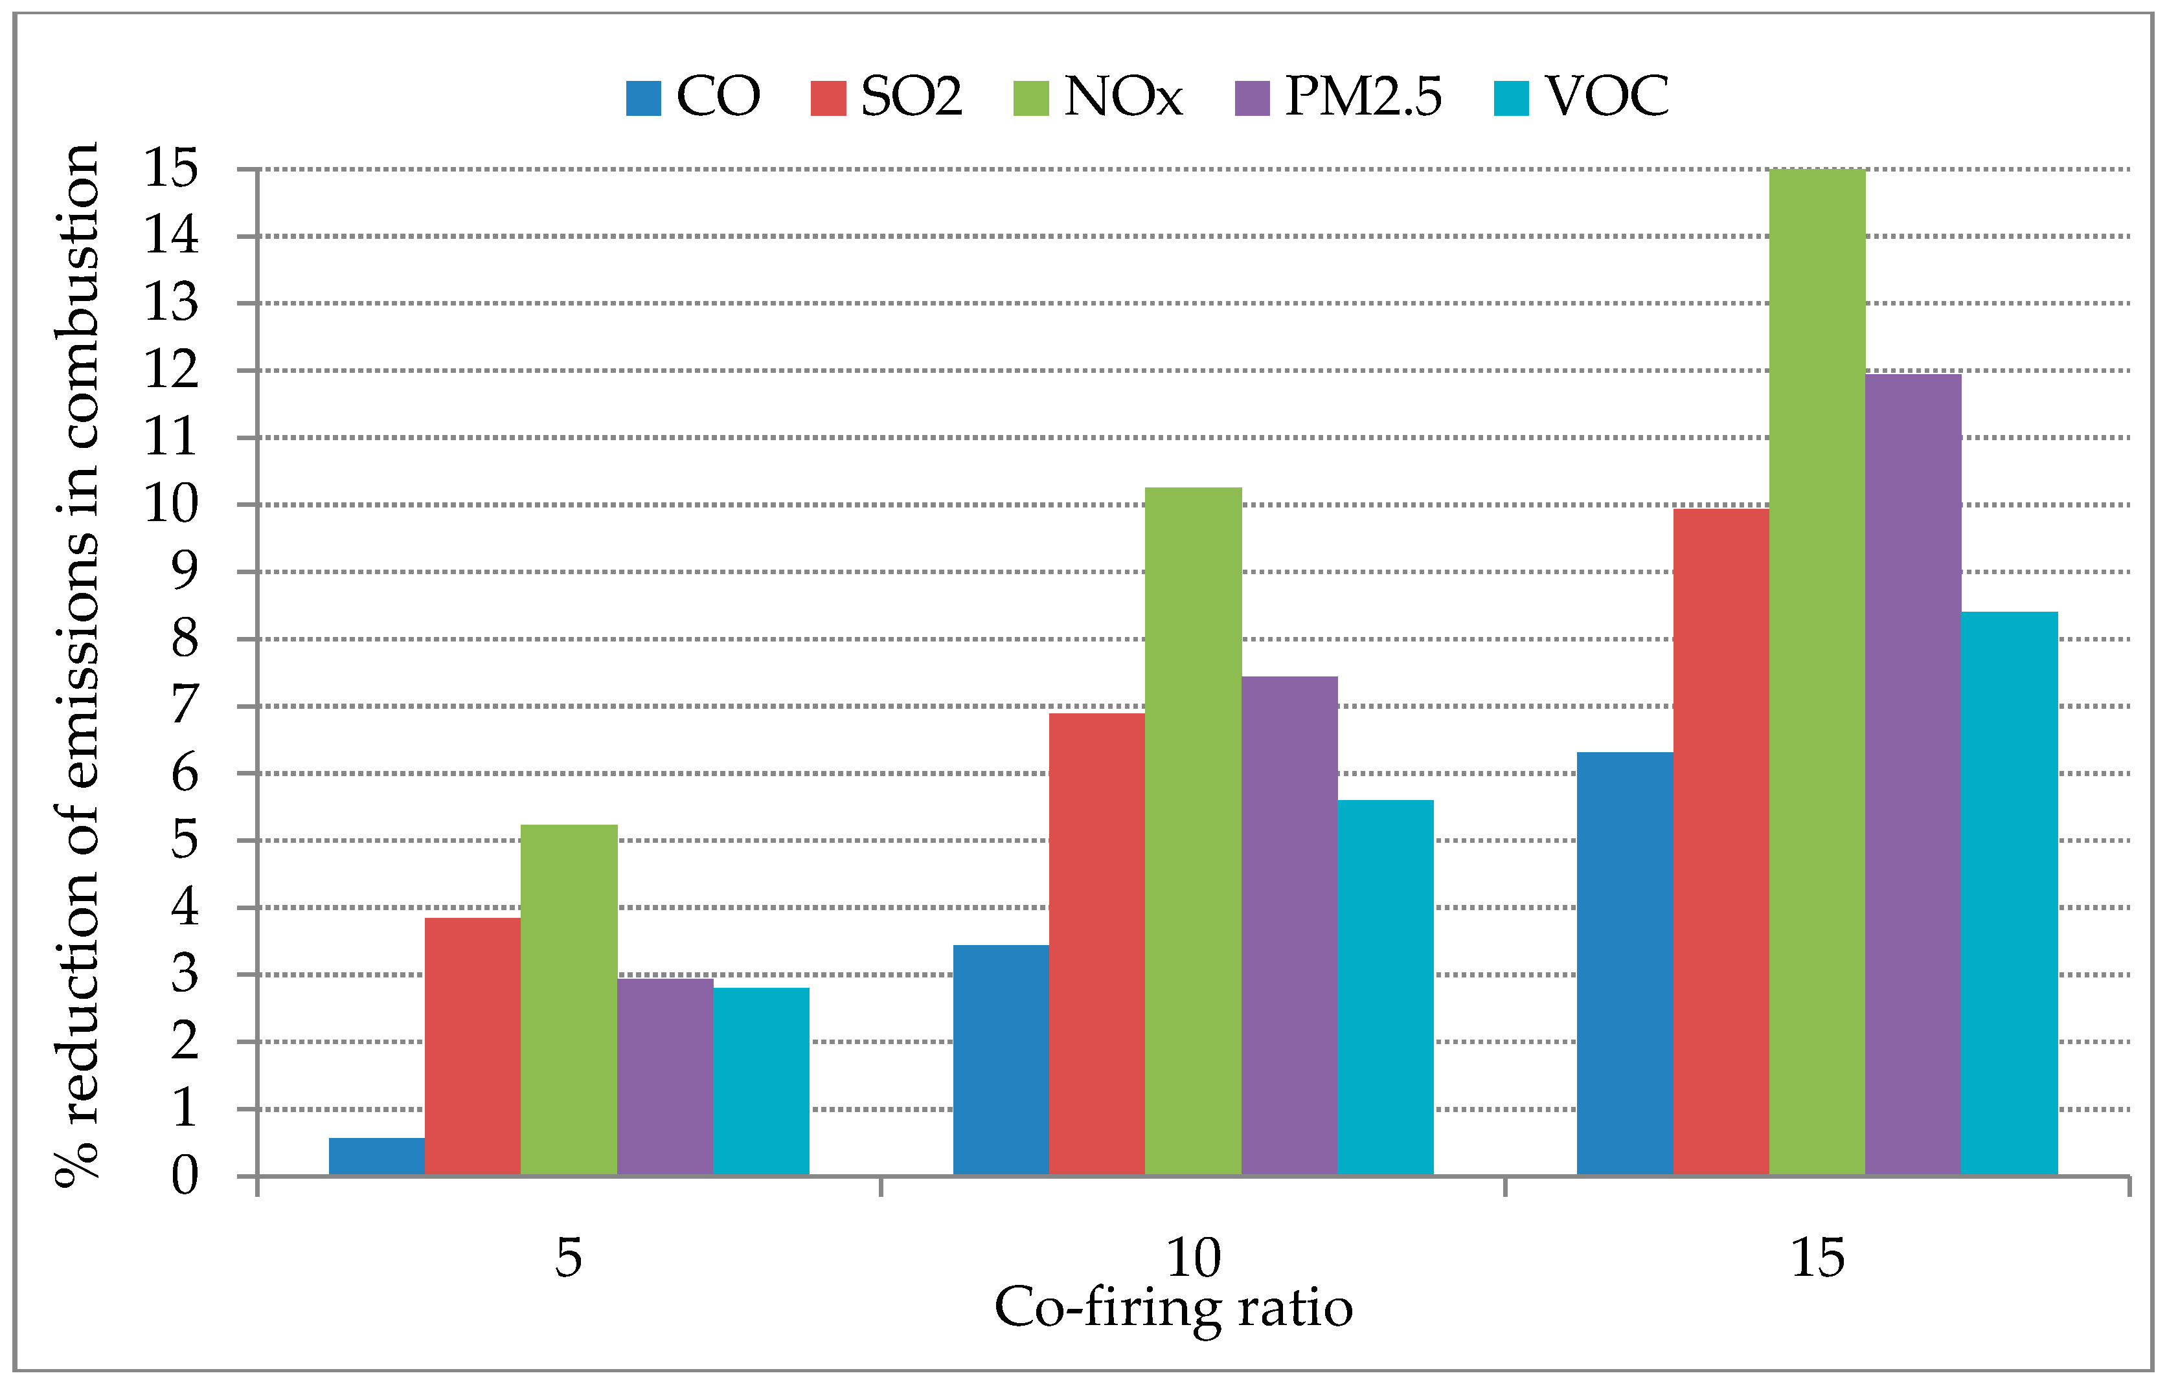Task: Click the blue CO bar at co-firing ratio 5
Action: coord(376,1157)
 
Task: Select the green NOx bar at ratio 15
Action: coord(1816,674)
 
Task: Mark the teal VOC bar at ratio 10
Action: coord(1384,988)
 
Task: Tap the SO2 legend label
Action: coord(911,96)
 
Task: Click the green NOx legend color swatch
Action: coord(1030,98)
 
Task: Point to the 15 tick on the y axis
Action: coord(171,168)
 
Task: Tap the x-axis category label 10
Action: coord(1194,1258)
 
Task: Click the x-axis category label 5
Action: coord(568,1258)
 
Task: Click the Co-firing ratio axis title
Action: coord(1173,1308)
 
